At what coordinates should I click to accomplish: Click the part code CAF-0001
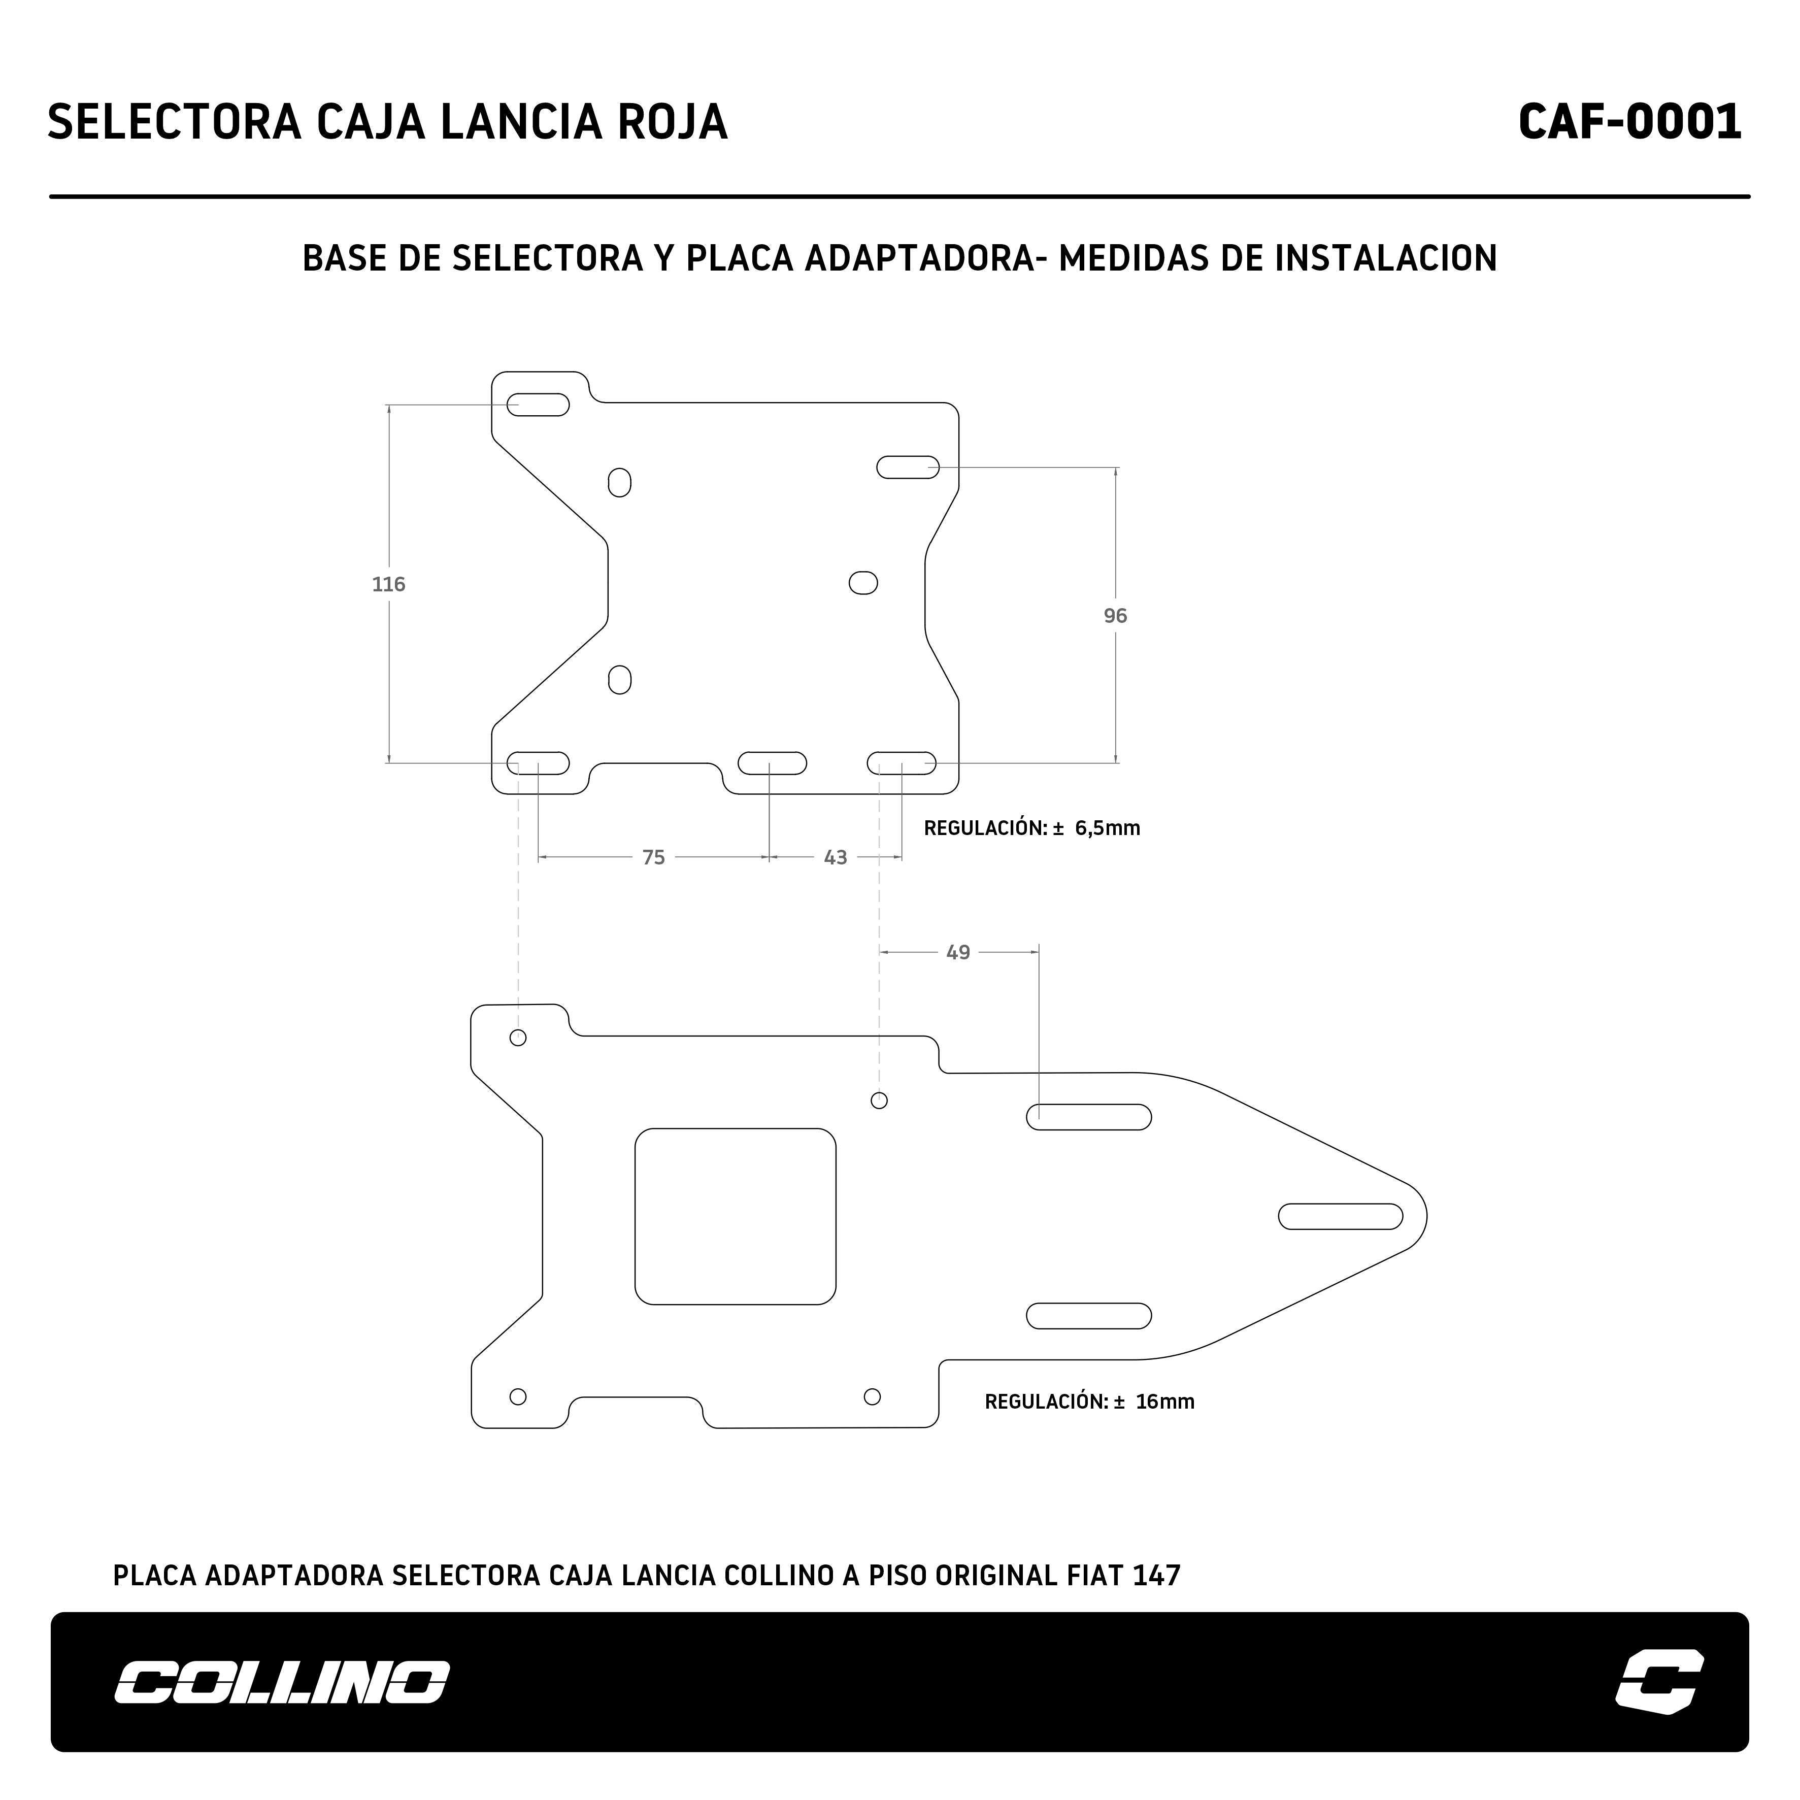[x=1629, y=122]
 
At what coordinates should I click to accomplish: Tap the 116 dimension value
[x=388, y=584]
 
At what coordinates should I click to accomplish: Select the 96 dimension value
[x=1115, y=616]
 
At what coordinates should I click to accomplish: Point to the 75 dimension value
[x=653, y=857]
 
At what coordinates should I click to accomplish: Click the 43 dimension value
[x=836, y=857]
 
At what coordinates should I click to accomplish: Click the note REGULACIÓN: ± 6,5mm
[x=1031, y=828]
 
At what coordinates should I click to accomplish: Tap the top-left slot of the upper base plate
[x=538, y=405]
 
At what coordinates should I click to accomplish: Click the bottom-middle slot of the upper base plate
[x=773, y=763]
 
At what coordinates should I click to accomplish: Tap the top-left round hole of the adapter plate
[x=518, y=1038]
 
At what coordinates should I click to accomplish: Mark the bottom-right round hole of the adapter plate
[x=872, y=1396]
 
